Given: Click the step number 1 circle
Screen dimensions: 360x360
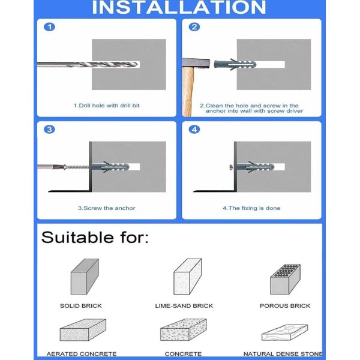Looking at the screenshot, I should (50, 28).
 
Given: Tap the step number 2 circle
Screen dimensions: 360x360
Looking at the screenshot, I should (194, 28).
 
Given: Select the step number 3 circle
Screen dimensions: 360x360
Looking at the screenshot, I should (50, 130).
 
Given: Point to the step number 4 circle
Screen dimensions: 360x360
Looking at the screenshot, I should (194, 130).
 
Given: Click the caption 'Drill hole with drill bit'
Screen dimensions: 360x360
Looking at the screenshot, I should (107, 106).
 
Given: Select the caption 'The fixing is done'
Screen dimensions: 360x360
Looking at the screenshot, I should (251, 208).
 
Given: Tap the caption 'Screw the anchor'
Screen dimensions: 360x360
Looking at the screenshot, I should (106, 208).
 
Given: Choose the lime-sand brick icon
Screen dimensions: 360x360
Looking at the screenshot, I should (187, 277).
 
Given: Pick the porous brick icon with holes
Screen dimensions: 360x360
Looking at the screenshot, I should (284, 278).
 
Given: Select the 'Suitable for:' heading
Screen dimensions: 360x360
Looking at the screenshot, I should (94, 237).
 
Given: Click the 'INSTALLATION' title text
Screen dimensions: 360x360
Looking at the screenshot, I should (180, 8).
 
